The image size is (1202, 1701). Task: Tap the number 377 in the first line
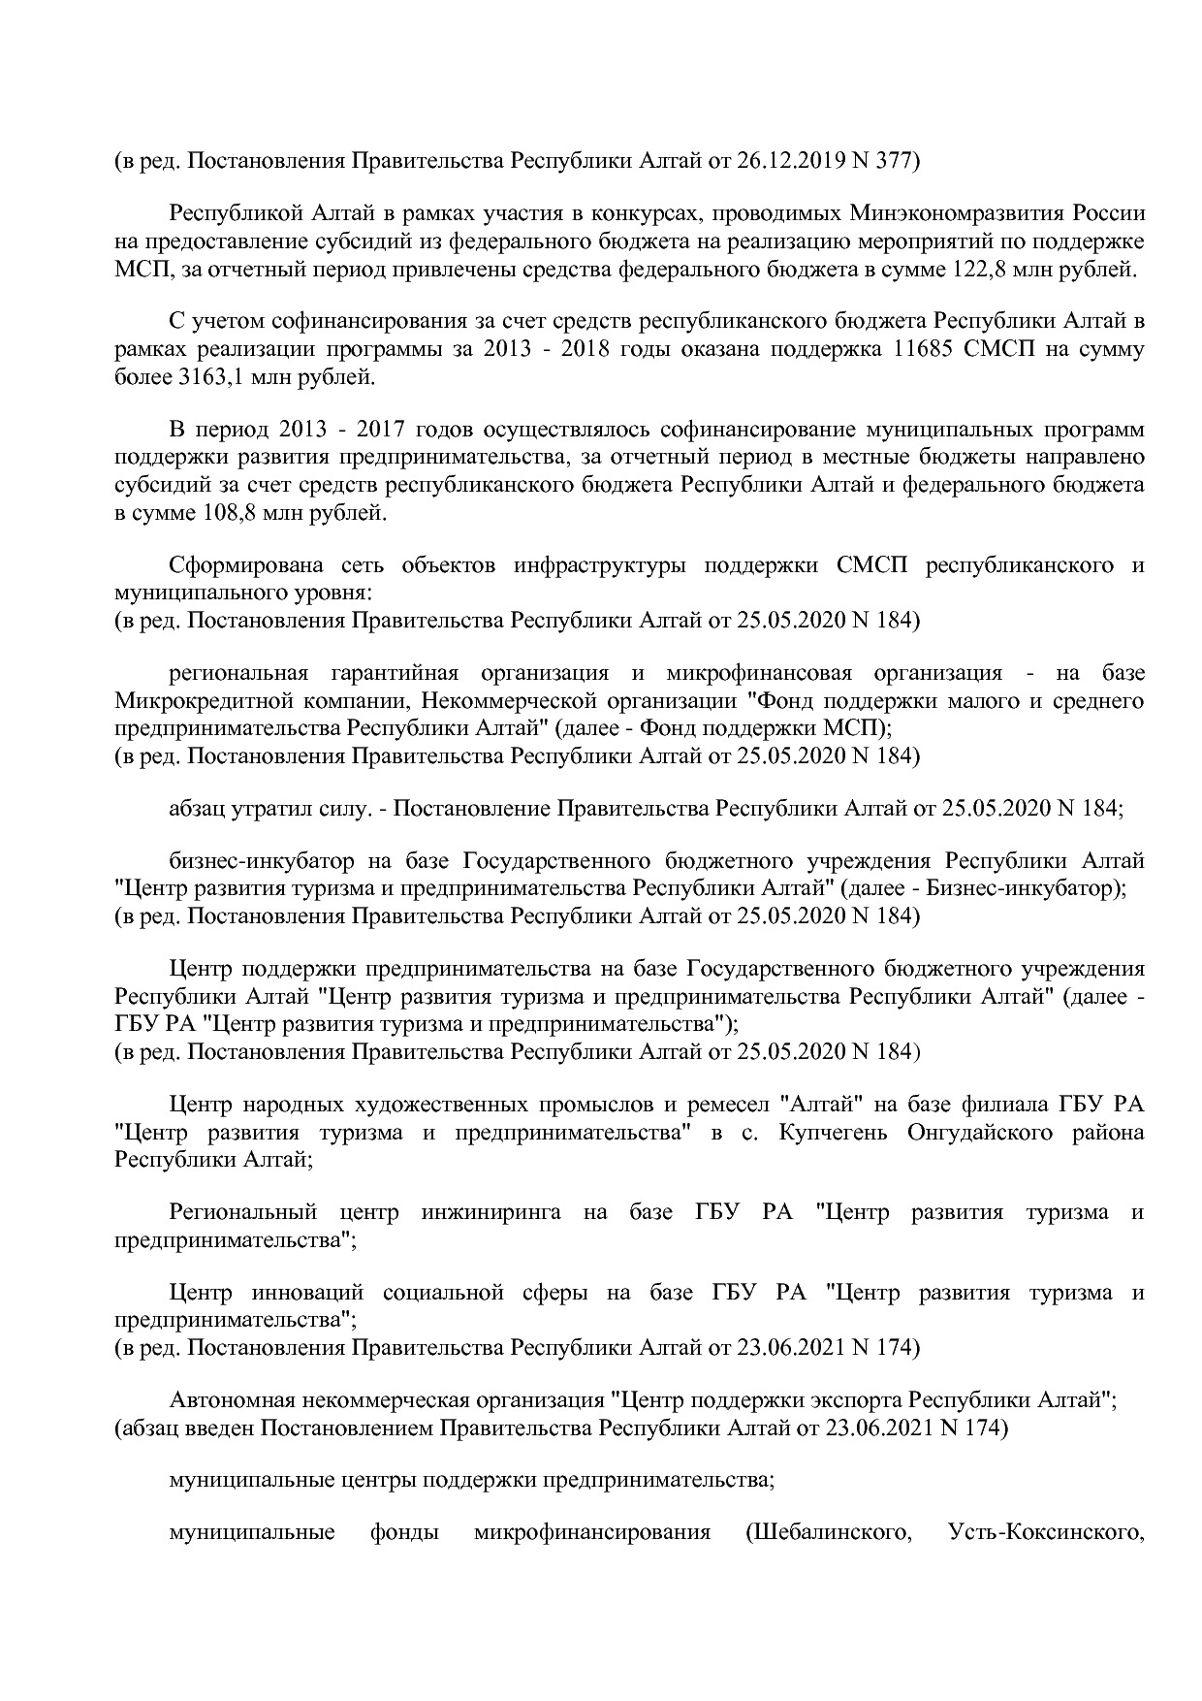point(896,160)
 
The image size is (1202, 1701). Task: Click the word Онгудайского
point(980,1132)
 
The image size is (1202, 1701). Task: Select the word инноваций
point(307,1293)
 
